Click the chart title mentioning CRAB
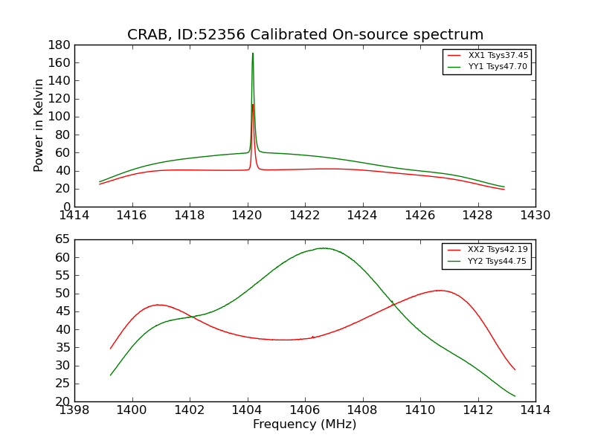[305, 35]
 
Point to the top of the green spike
[253, 53]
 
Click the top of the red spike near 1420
[253, 104]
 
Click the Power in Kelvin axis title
[39, 126]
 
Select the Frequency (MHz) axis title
[305, 424]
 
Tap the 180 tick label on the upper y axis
[60, 45]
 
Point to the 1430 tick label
[535, 215]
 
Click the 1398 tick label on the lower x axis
[74, 410]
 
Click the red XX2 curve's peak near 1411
[440, 290]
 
